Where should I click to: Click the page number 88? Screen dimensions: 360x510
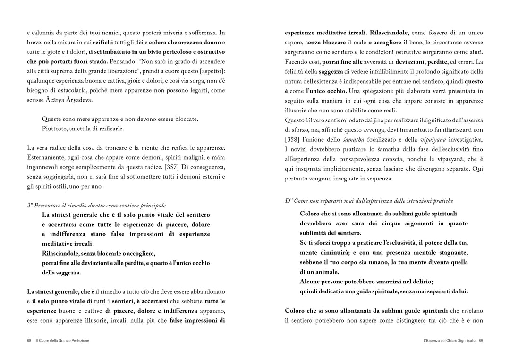point(29,340)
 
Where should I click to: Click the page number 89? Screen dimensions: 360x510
point(480,340)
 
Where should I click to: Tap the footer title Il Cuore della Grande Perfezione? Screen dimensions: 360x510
point(63,340)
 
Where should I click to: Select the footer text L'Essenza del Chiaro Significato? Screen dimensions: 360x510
point(450,340)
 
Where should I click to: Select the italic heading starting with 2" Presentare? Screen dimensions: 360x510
point(96,205)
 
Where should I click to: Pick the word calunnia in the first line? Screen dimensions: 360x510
point(44,33)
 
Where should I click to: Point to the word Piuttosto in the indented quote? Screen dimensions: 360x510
point(55,129)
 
